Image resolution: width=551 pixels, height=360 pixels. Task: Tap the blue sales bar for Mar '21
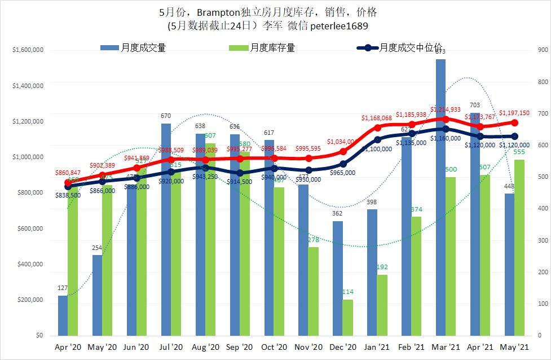click(x=440, y=197)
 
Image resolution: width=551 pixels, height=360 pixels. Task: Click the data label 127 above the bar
click(x=63, y=288)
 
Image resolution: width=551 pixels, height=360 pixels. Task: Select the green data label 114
click(x=348, y=292)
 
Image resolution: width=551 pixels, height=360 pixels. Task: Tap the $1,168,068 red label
click(x=376, y=118)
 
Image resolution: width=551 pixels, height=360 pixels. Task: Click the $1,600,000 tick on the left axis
click(x=27, y=50)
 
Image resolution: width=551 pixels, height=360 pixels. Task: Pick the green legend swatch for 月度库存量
click(x=239, y=48)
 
